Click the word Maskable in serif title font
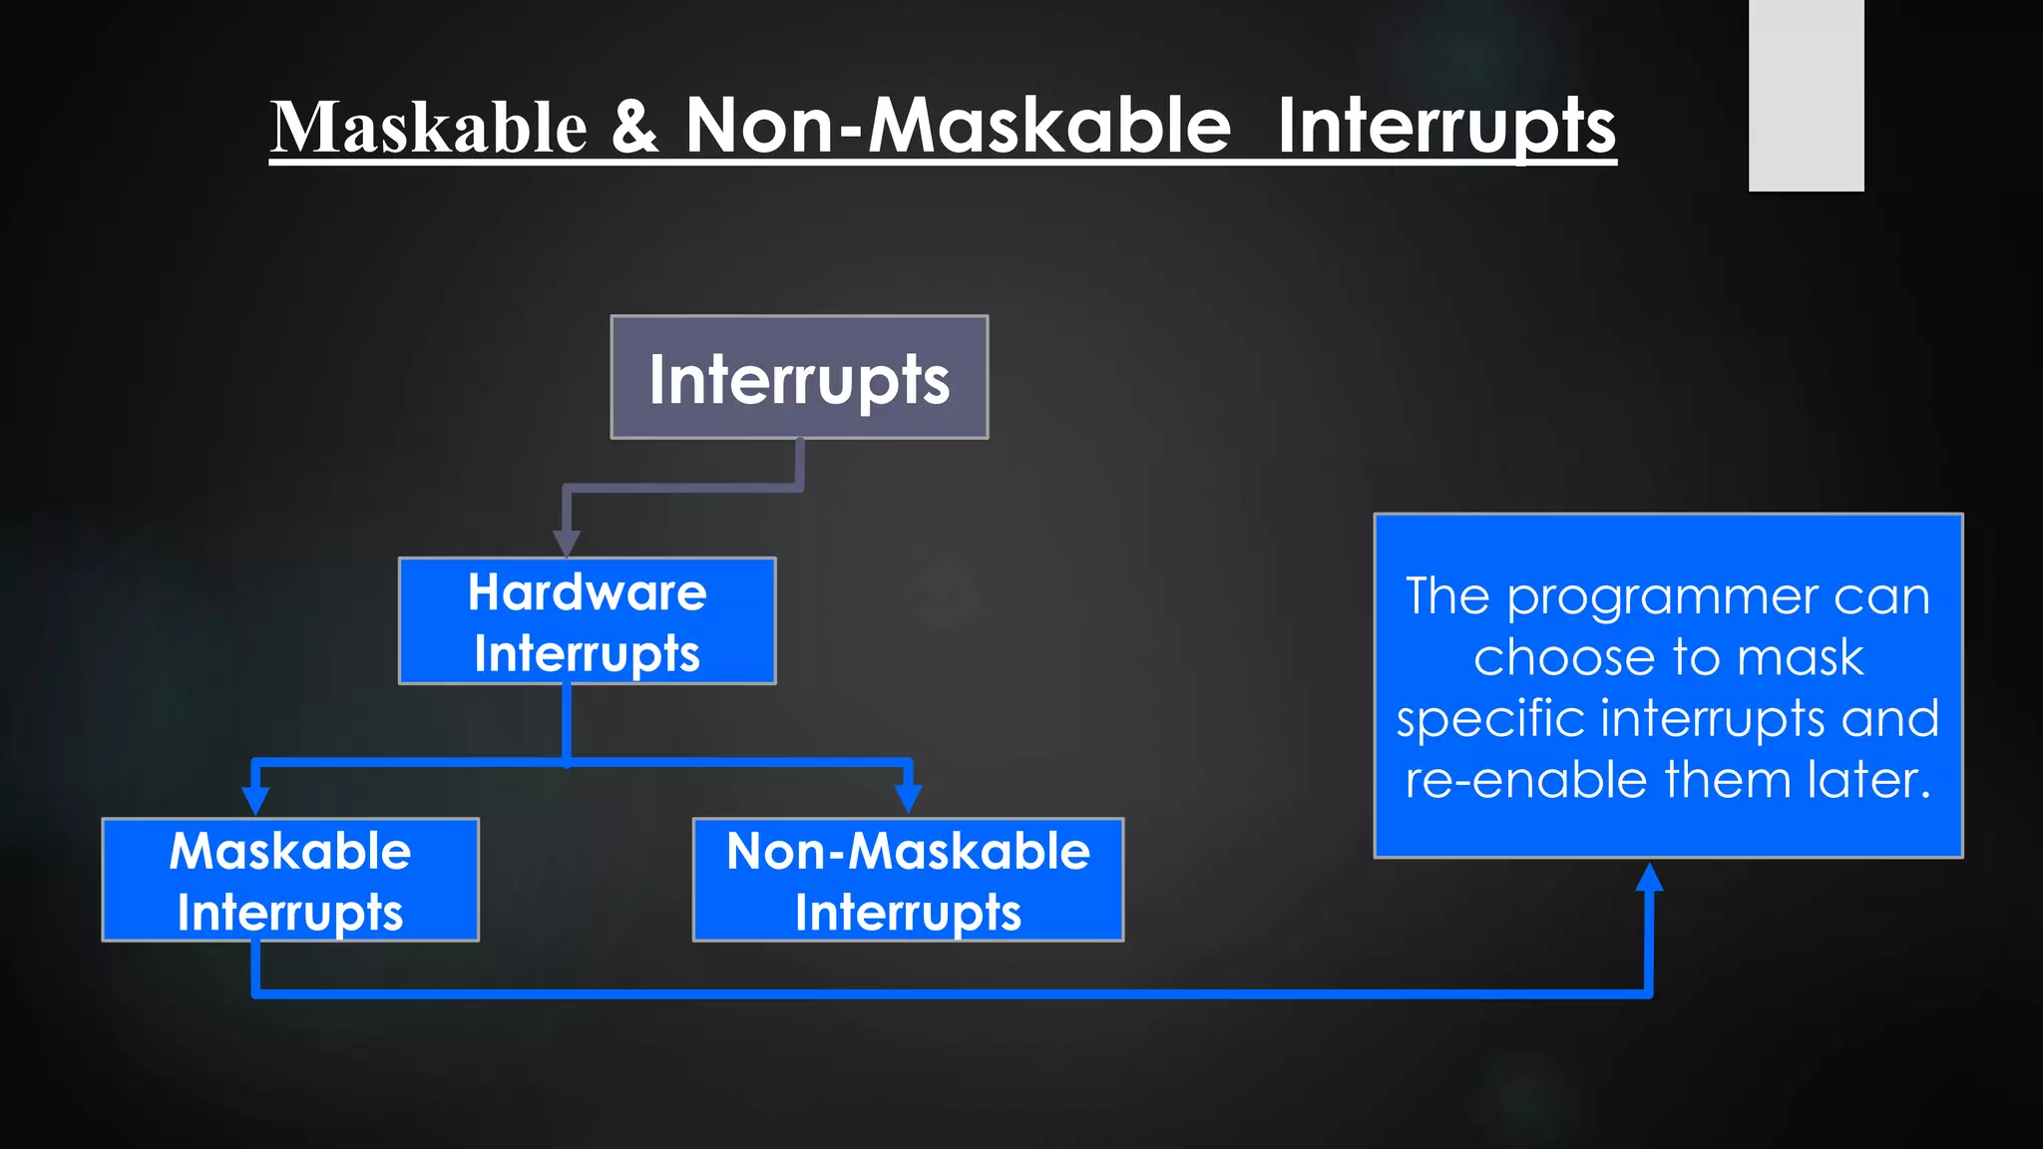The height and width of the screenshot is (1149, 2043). tap(429, 128)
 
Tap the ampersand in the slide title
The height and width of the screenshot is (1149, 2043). tap(634, 127)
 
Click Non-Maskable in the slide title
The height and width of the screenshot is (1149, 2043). tap(958, 127)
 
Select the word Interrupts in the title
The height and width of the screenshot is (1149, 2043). tap(1445, 127)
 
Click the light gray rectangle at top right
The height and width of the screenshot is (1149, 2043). tap(1806, 95)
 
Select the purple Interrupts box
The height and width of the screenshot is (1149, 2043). tap(799, 378)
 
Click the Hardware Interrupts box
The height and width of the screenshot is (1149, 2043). tap(587, 621)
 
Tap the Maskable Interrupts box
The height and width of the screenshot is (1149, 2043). tap(290, 880)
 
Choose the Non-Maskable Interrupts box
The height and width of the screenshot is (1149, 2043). tap(908, 880)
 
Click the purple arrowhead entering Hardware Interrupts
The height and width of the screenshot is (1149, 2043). tap(567, 544)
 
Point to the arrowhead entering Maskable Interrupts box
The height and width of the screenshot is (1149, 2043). tap(256, 801)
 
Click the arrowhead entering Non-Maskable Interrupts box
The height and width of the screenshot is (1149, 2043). tap(908, 799)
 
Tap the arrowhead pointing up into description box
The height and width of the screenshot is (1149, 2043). tap(1649, 878)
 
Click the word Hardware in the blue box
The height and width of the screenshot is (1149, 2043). tap(587, 592)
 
